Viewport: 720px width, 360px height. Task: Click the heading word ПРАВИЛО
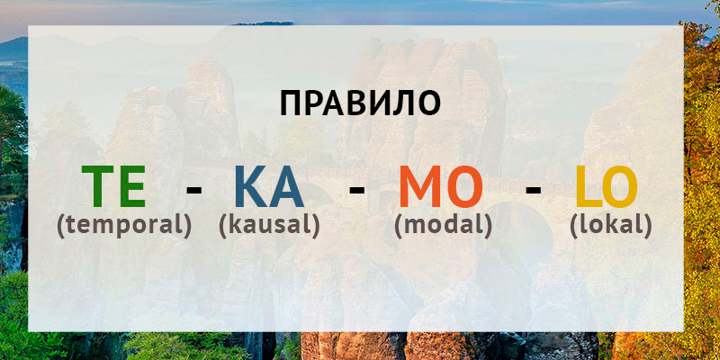(360, 103)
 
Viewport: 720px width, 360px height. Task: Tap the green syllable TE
(114, 186)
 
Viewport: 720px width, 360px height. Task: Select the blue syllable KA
(269, 186)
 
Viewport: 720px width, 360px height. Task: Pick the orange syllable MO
(441, 186)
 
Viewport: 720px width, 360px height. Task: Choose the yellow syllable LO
(606, 186)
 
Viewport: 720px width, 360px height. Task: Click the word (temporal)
(124, 226)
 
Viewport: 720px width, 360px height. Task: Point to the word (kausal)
(269, 226)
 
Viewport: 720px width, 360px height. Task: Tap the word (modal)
(443, 226)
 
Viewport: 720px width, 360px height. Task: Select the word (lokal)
(611, 226)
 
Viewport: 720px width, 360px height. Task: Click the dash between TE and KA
(193, 189)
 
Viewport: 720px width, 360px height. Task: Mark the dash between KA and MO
(356, 189)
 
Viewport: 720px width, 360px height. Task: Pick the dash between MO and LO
(533, 189)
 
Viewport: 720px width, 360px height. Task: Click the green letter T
(97, 186)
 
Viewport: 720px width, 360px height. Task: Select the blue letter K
(251, 186)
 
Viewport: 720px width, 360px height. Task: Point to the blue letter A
(286, 186)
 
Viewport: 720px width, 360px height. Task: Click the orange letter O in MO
(463, 186)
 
